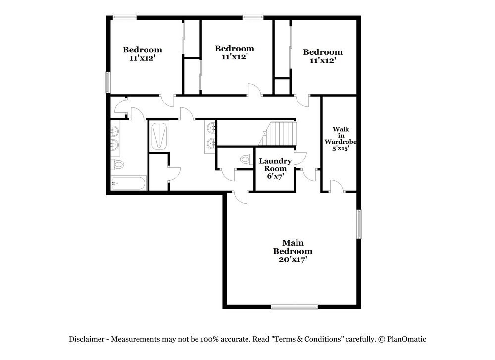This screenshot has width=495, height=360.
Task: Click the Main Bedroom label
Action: click(x=293, y=247)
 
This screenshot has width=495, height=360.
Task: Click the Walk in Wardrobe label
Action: click(x=341, y=135)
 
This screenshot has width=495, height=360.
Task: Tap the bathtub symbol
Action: click(x=128, y=183)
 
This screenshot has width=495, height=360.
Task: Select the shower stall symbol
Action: click(x=159, y=135)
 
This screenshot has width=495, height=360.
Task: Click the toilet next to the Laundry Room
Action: click(x=245, y=159)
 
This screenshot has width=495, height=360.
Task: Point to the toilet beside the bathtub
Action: click(x=117, y=164)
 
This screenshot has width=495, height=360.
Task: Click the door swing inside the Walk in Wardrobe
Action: click(x=336, y=186)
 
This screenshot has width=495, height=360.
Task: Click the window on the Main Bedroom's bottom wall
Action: click(x=295, y=307)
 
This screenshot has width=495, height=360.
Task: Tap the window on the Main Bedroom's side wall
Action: click(x=359, y=224)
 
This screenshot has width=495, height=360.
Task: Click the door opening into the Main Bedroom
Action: click(x=241, y=196)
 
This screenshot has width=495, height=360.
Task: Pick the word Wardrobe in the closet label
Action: click(x=341, y=141)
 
